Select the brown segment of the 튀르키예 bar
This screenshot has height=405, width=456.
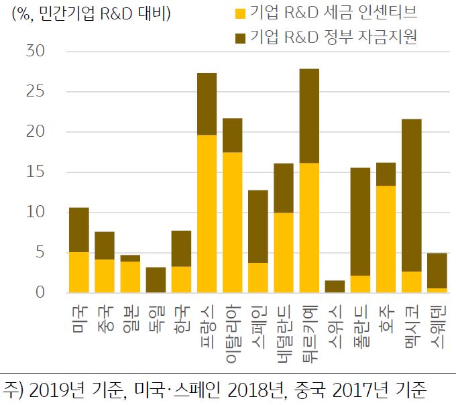click(x=310, y=115)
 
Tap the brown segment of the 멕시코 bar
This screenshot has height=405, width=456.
click(x=412, y=195)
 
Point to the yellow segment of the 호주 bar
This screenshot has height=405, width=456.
click(x=386, y=239)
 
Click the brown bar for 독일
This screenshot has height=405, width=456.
click(x=156, y=280)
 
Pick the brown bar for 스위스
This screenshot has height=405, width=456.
click(x=335, y=286)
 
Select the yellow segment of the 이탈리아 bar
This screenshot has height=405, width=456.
click(x=233, y=222)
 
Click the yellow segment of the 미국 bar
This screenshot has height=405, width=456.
click(x=79, y=272)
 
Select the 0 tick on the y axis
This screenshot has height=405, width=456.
click(x=40, y=293)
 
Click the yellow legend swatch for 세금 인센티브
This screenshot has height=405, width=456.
click(x=239, y=13)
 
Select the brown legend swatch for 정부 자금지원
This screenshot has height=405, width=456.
click(x=239, y=38)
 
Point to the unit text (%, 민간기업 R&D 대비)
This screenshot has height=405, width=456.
click(x=90, y=13)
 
